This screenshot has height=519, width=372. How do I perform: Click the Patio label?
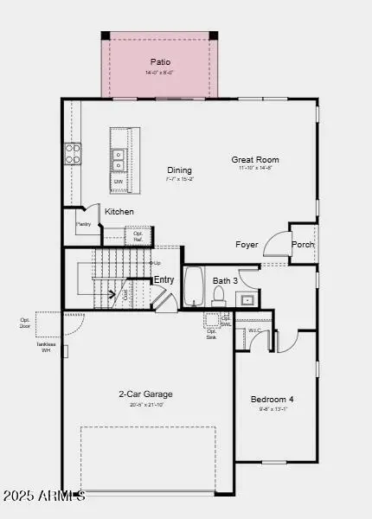(x=160, y=62)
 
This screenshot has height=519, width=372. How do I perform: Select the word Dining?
(x=180, y=170)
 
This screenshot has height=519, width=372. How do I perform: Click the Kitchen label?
(x=119, y=212)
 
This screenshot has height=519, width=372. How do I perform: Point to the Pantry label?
(x=84, y=224)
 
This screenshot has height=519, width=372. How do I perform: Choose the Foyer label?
(x=247, y=245)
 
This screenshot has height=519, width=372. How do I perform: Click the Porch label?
(x=303, y=245)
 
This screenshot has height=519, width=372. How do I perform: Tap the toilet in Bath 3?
(x=218, y=296)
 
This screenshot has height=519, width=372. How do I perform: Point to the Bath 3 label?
(x=226, y=281)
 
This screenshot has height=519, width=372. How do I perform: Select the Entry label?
(x=164, y=280)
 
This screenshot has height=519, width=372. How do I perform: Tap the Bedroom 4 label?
(x=272, y=399)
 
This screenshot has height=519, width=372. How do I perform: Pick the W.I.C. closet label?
(x=255, y=330)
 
